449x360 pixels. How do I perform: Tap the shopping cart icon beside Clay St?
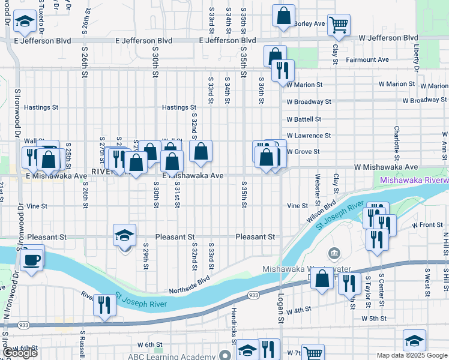(339, 25)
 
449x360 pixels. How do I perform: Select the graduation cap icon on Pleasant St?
(125, 235)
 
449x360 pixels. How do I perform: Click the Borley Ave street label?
(310, 24)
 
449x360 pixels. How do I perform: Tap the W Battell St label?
(304, 119)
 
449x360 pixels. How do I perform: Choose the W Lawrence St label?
(309, 136)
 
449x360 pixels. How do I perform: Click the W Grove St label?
(303, 152)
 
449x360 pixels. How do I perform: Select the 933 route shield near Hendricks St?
(254, 295)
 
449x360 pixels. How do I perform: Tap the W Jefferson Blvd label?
(388, 38)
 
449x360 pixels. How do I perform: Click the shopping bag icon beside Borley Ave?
(283, 16)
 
